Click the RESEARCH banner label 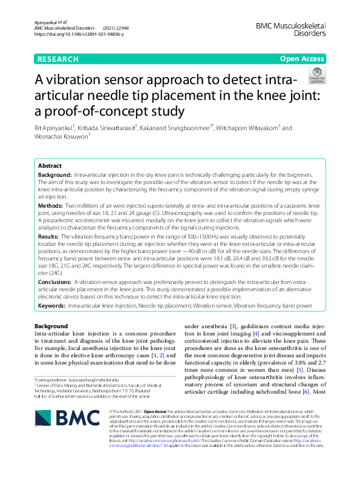coord(58,59)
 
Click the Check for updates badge coord(317,76)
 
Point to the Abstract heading coord(50,166)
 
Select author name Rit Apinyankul coord(54,128)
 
